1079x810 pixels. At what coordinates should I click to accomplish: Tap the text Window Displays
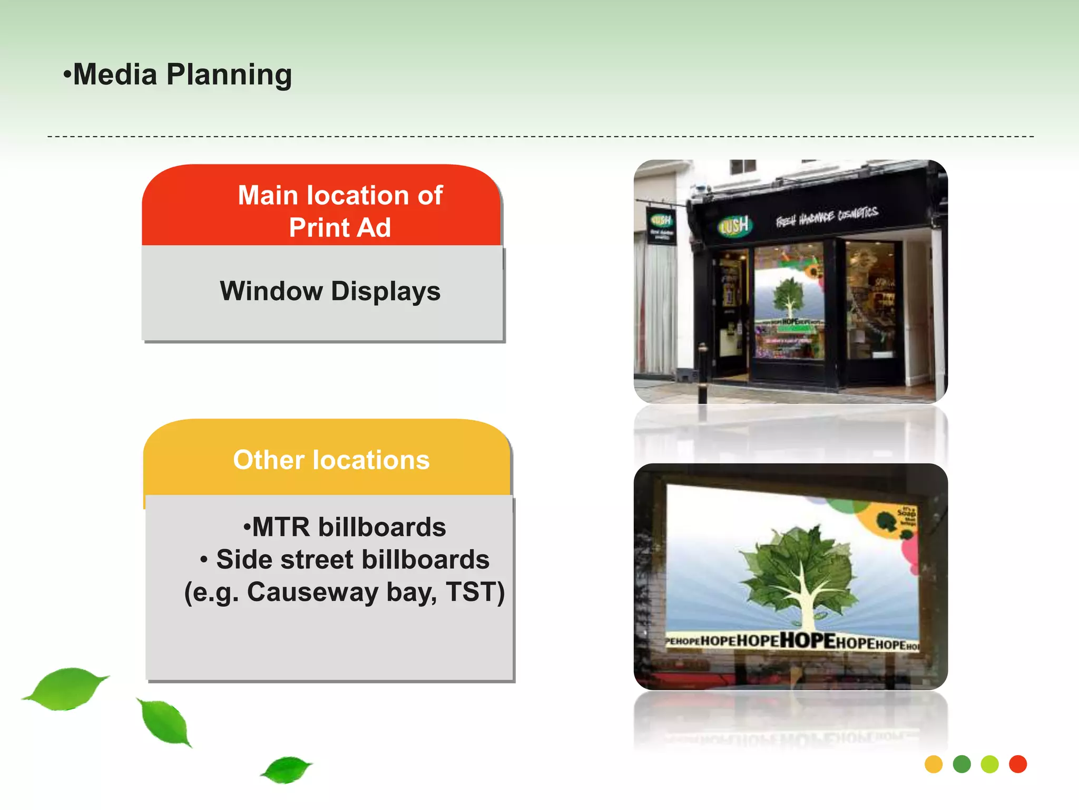tap(330, 291)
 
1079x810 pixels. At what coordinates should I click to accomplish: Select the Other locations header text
tap(331, 460)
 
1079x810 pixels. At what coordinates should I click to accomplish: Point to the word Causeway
tap(312, 592)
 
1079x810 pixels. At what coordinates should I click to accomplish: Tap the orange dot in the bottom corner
tap(933, 764)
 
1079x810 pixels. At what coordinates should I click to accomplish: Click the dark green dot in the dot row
tap(962, 764)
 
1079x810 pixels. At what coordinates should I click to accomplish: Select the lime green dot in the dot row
tap(989, 764)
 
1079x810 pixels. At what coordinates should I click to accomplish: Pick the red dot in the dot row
tap(1018, 764)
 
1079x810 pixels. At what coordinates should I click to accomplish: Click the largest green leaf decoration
tap(66, 688)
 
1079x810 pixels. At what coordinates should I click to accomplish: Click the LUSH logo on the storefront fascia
tap(734, 226)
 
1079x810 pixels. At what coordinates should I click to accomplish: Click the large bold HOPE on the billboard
tap(807, 640)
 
